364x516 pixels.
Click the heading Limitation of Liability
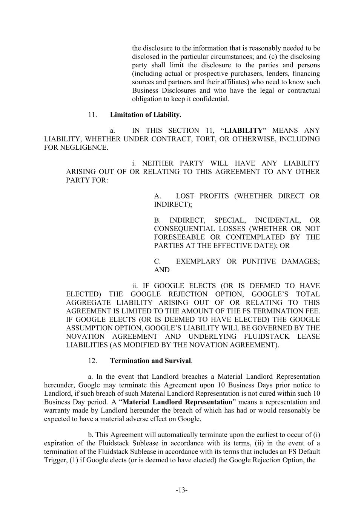[x=146, y=115]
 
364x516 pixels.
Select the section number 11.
[x=93, y=115]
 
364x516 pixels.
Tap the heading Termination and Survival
[x=150, y=361]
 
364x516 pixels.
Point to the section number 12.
[x=93, y=361]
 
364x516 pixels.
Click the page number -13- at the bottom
[x=182, y=490]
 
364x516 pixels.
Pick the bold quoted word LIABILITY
[x=243, y=130]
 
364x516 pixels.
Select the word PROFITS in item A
[x=214, y=196]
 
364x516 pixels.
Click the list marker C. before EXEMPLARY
[x=158, y=261]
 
